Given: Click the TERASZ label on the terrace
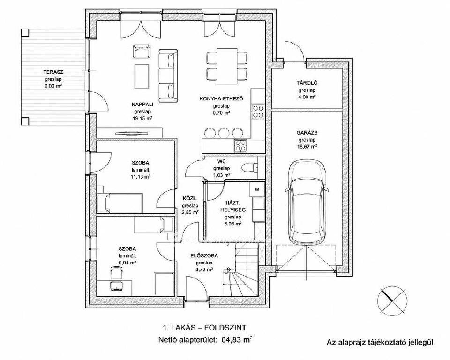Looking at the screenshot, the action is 53,72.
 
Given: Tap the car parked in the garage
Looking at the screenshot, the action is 307,202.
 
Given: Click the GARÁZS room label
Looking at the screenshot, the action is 307,133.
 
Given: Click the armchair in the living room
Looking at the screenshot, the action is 142,51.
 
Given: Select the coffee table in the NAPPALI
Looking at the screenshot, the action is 142,77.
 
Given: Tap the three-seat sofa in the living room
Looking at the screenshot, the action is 168,76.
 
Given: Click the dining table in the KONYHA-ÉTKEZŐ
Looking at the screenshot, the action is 227,65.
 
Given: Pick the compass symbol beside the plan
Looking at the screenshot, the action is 392,300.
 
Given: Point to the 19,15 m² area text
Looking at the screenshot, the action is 142,118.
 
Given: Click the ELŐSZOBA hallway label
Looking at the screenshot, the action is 204,255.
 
